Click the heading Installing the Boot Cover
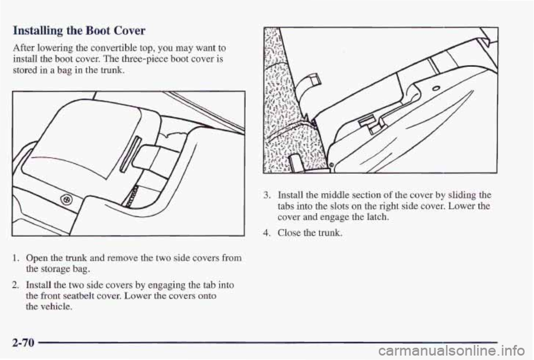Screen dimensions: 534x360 (79, 31)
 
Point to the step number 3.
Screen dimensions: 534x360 (268, 195)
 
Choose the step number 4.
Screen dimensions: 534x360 (268, 233)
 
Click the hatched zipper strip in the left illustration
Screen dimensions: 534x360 (130, 196)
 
